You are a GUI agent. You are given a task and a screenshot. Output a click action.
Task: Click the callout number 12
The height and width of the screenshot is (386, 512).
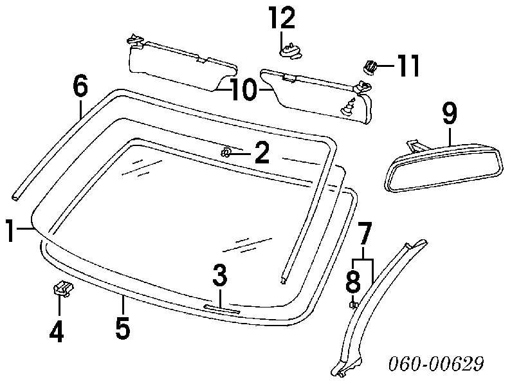pyautogui.click(x=282, y=18)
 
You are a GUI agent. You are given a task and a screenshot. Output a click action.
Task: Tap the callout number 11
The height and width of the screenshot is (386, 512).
pyautogui.click(x=407, y=66)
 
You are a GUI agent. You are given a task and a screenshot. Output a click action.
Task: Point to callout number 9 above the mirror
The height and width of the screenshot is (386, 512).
pyautogui.click(x=450, y=113)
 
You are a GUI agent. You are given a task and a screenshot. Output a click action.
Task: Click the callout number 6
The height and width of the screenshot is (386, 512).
pyautogui.click(x=80, y=86)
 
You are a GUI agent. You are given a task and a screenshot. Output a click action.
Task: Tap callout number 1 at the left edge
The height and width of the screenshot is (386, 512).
pyautogui.click(x=10, y=230)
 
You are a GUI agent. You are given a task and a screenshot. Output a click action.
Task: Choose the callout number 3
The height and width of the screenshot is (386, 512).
pyautogui.click(x=219, y=275)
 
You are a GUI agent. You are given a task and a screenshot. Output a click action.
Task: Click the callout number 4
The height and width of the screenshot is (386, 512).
pyautogui.click(x=57, y=331)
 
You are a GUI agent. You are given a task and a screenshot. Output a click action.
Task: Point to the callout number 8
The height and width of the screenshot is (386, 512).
pyautogui.click(x=353, y=281)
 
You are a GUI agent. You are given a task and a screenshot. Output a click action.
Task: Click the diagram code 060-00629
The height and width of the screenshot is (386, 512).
pyautogui.click(x=436, y=363)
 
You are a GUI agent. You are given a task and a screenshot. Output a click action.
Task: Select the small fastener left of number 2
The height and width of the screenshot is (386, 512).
pyautogui.click(x=226, y=152)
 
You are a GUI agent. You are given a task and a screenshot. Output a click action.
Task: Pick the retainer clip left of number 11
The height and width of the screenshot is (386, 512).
pyautogui.click(x=369, y=67)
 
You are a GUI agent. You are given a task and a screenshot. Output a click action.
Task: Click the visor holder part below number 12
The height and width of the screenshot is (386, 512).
pyautogui.click(x=291, y=52)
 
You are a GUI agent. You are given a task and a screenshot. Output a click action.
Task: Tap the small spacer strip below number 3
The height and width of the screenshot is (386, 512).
pyautogui.click(x=222, y=309)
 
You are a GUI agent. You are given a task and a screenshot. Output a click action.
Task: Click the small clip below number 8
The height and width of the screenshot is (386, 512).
pyautogui.click(x=353, y=305)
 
